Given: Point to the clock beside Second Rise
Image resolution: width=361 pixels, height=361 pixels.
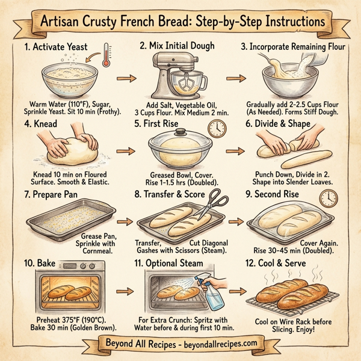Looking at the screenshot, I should pyautogui.click(x=329, y=199).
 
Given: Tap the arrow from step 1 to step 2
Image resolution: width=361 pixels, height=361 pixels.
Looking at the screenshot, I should pyautogui.click(x=124, y=78).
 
